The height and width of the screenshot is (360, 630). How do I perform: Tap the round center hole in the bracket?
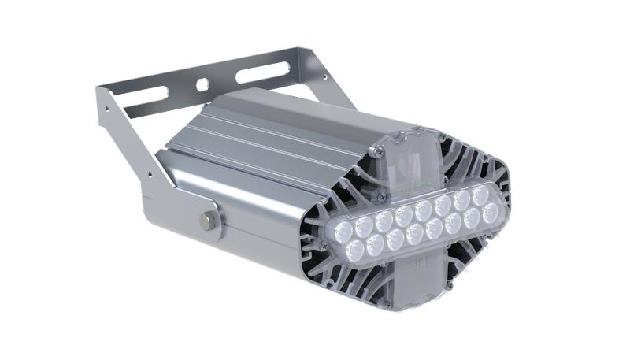tap(202, 83)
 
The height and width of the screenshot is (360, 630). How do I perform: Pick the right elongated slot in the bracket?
tap(258, 72)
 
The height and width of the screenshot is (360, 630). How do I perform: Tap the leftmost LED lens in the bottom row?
tap(355, 251)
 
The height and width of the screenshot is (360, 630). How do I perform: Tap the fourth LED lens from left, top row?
tap(404, 215)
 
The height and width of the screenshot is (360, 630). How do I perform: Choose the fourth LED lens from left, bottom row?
tap(415, 233)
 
